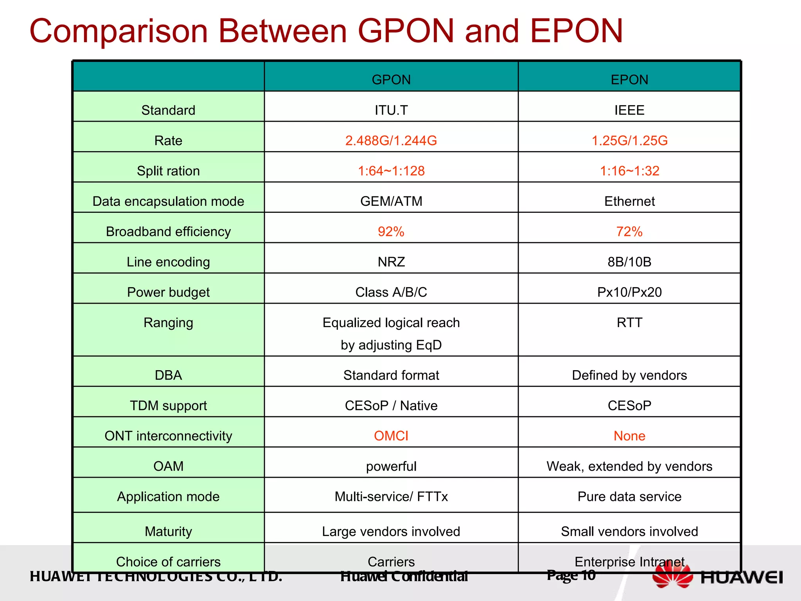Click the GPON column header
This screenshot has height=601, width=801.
point(391,79)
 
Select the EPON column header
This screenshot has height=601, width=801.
point(629,79)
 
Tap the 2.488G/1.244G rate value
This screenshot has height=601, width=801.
point(391,140)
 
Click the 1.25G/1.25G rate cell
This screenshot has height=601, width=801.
point(629,140)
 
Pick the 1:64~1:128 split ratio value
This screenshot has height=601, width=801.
point(391,171)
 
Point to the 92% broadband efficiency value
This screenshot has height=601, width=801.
point(391,232)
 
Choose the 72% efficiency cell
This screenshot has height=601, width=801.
point(629,232)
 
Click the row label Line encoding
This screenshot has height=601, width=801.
point(168,262)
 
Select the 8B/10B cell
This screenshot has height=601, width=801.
point(629,262)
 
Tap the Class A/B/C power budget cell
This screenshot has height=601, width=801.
point(391,292)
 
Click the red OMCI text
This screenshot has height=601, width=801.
point(391,436)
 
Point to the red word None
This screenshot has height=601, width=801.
point(629,436)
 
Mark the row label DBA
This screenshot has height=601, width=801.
point(168,375)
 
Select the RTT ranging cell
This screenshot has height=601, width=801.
point(629,323)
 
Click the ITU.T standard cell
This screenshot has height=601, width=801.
point(391,110)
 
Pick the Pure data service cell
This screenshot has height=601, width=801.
point(629,497)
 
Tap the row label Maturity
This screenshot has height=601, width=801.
point(168,531)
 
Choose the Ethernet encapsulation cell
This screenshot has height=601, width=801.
point(629,201)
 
